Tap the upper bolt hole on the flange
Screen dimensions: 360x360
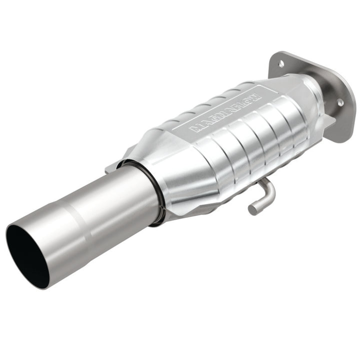[281, 63]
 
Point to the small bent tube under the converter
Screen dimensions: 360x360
[263, 196]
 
